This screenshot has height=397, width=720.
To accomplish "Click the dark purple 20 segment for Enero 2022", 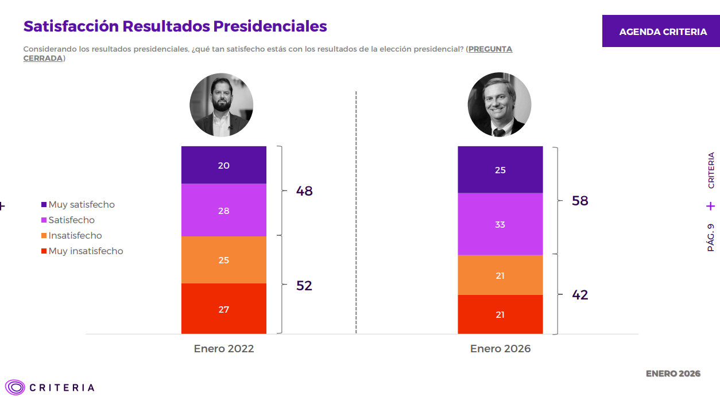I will [x=224, y=165].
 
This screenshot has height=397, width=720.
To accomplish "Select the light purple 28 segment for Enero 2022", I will [x=224, y=211].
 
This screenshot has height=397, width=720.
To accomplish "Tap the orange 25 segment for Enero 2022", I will [x=224, y=260].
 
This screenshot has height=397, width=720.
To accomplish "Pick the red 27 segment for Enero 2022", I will [x=224, y=309].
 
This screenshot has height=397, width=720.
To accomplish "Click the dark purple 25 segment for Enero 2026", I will [x=500, y=170].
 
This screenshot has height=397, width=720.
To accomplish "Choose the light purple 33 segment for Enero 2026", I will [x=500, y=224].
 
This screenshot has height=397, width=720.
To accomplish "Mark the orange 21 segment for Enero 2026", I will [x=500, y=275].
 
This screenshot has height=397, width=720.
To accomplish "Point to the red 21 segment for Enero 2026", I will [x=500, y=314].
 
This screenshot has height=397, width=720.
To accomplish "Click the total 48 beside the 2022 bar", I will [x=304, y=191].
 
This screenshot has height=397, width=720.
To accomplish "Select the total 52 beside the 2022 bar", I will [x=304, y=286].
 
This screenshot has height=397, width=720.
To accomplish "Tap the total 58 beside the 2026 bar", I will [x=580, y=201].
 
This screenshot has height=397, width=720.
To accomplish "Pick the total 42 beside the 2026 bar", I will [x=580, y=295].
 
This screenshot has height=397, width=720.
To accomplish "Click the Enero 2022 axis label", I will [x=224, y=349].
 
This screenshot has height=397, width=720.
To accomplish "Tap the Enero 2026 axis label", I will [x=500, y=349].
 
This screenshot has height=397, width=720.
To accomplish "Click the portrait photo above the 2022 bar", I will [x=222, y=105].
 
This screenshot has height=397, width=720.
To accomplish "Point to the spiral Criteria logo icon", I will [x=15, y=387].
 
